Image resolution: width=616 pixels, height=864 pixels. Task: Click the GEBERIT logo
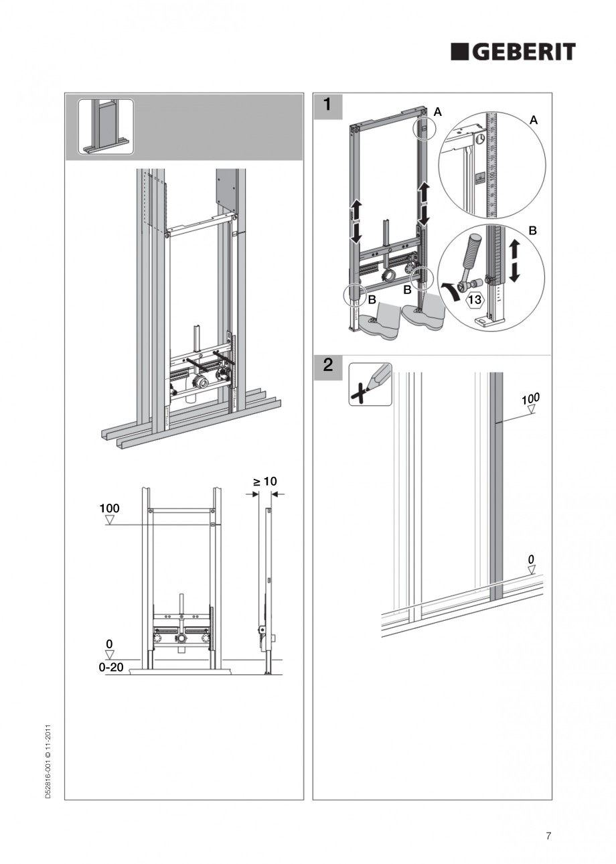513,52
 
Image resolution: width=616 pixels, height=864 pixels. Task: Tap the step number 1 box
328,105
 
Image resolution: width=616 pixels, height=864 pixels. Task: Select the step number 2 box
328,366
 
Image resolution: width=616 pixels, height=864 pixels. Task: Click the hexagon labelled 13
474,299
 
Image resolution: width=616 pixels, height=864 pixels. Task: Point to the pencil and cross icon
370,384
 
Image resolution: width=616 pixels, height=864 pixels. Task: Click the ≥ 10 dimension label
264,482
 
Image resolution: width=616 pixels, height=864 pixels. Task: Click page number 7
548,836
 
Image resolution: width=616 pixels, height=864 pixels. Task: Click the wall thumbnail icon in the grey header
106,127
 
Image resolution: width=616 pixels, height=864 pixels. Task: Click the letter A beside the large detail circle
534,121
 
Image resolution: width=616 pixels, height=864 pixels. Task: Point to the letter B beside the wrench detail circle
533,230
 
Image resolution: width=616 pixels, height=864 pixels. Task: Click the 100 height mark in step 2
530,400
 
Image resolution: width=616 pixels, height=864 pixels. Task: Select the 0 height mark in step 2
531,559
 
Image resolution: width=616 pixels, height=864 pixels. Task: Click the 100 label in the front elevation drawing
110,509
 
